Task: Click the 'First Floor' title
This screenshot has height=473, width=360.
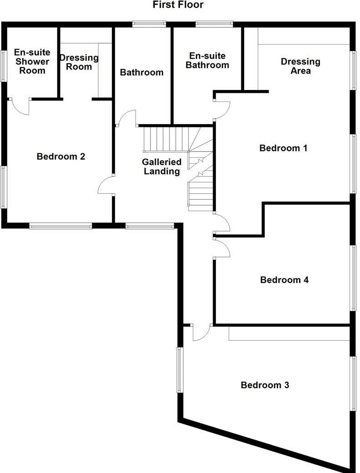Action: point(178,5)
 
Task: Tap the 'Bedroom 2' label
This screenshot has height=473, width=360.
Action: point(61,156)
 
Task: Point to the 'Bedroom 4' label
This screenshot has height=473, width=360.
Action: point(284,280)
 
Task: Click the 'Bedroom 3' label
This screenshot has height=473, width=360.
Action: point(265,385)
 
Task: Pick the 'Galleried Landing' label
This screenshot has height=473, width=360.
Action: point(161,166)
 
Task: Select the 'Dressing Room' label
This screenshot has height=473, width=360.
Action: point(79,62)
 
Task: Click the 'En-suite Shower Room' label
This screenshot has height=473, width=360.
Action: point(32,61)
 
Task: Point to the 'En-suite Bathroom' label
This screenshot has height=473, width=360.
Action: point(209,60)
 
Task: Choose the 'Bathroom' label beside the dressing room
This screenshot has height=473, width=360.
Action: point(141,72)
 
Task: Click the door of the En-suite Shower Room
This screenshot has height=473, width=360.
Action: point(20,106)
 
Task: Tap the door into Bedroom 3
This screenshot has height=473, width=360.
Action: point(200,332)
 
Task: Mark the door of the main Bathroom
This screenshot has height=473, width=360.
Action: point(127,118)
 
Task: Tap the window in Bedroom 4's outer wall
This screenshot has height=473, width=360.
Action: point(353,278)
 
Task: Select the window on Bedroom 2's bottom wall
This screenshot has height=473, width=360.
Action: point(60,225)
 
